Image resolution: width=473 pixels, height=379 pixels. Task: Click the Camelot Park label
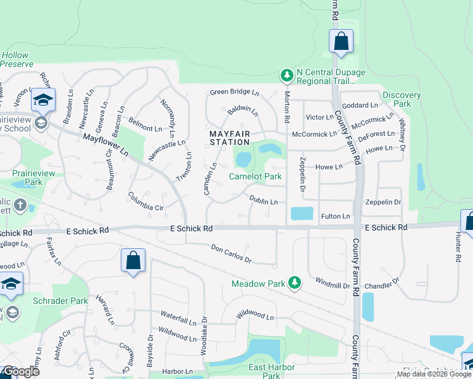pos(255,177)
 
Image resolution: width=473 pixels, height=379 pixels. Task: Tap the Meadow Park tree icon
pos(294,282)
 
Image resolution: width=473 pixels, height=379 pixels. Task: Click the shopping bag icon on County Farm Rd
pos(341,42)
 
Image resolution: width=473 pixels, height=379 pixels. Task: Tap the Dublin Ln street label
pos(263,201)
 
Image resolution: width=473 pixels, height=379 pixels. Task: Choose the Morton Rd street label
pos(286,107)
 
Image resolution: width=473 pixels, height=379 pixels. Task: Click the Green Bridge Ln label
pos(235,92)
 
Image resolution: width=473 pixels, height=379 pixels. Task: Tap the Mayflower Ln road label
pos(105,145)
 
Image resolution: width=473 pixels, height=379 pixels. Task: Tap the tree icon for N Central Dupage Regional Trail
pos(287,76)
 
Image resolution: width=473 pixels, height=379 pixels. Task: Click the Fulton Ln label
pos(335,217)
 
